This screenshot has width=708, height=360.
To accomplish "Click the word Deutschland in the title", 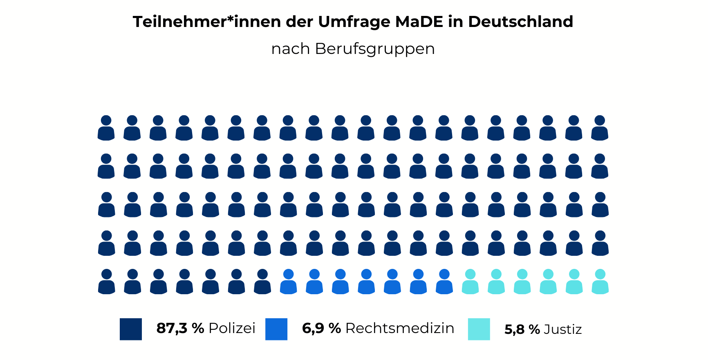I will [520, 22].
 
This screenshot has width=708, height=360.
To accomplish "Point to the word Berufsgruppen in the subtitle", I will [375, 49].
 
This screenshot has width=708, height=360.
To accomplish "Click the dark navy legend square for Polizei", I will [131, 329].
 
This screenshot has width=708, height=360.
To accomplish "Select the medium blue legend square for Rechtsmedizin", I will [276, 329].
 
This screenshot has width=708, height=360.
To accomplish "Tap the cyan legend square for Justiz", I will [479, 329].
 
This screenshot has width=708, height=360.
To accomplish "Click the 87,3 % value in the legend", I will [180, 328].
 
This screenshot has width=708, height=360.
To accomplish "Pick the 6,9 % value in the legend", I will [321, 328].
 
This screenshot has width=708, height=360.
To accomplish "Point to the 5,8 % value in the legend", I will [522, 329].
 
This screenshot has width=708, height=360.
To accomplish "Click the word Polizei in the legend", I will [232, 328].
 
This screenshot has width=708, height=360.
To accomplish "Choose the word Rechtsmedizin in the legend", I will [400, 328].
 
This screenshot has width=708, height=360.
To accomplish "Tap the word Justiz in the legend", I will [563, 329].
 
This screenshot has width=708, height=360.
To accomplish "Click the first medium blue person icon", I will [288, 282].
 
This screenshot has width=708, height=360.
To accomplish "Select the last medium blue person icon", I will [444, 282].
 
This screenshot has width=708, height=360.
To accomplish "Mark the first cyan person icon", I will [470, 282].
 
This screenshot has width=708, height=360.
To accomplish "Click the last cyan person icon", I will [600, 282].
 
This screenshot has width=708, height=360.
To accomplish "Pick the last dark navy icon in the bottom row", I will [262, 282].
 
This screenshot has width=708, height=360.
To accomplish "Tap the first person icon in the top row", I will [106, 128].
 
